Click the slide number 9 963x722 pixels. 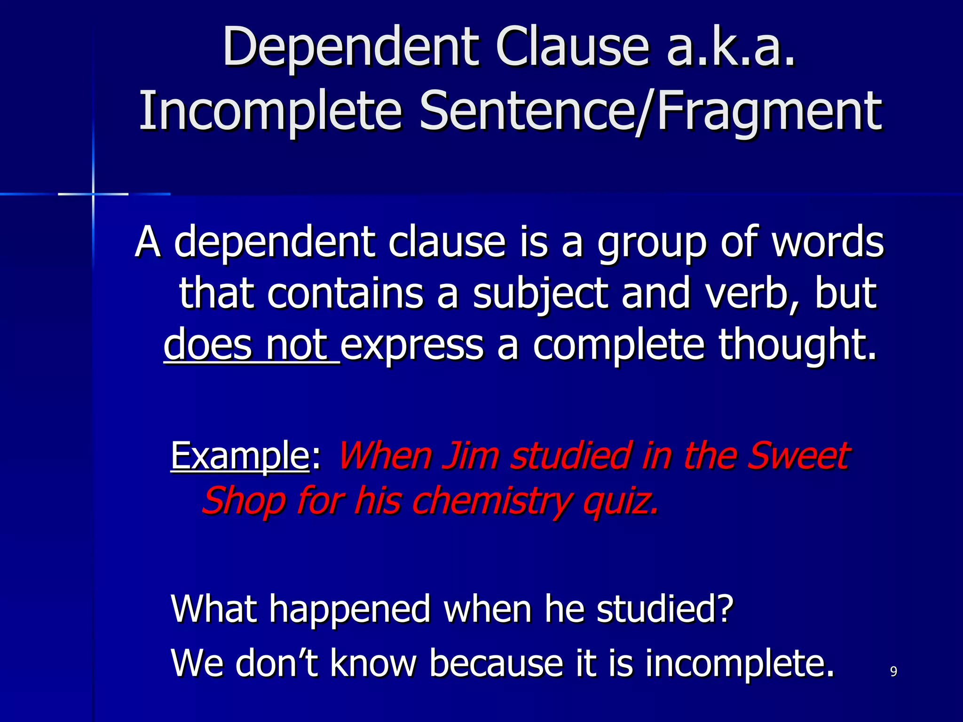click(x=893, y=672)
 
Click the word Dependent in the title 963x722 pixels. click(x=350, y=47)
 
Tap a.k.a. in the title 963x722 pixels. click(x=731, y=47)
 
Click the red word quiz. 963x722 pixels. click(x=621, y=501)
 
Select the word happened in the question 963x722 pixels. click(x=350, y=608)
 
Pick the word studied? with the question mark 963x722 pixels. click(x=665, y=608)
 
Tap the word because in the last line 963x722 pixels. click(x=496, y=663)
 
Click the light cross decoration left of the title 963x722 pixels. click(x=93, y=194)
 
